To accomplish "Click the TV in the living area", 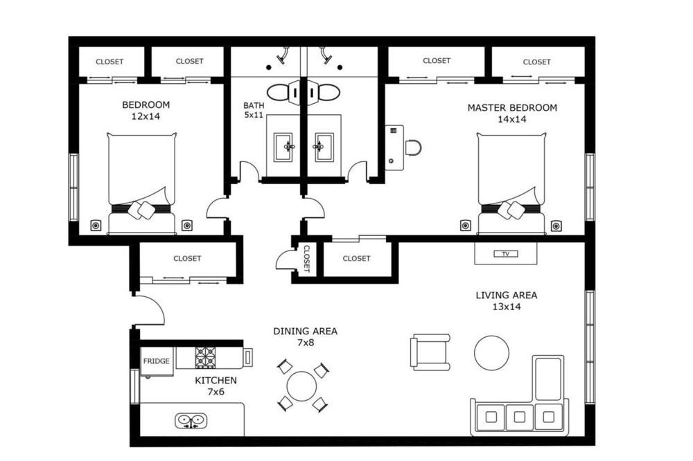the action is [506, 254].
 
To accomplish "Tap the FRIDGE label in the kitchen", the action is [157, 361].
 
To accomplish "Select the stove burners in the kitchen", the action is [206, 357].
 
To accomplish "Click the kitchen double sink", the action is [191, 420].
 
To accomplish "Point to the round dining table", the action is [301, 386].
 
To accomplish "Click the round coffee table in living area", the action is [491, 353].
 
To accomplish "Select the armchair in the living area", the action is [430, 352].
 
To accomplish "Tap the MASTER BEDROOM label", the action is [512, 108].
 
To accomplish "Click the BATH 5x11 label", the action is [254, 110].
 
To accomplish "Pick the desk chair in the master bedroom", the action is [414, 147].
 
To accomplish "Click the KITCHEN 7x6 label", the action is [216, 386].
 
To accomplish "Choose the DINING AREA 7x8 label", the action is [305, 336].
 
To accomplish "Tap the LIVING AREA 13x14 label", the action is [507, 300].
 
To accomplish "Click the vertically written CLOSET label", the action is [307, 259].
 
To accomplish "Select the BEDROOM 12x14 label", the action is [146, 110].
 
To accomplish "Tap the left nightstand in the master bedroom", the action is [466, 226].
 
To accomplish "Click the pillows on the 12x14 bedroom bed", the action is [142, 210].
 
